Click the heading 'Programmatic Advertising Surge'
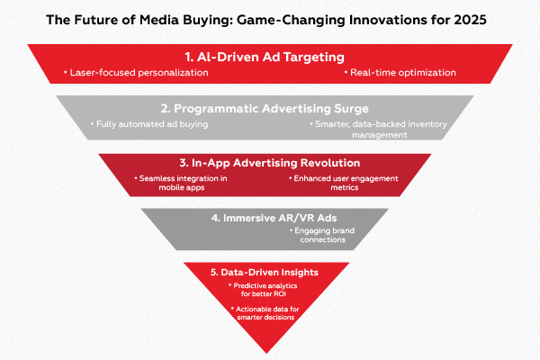(270, 107)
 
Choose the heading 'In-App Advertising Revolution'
(270, 164)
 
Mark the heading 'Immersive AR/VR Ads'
(270, 217)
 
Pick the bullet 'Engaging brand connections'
(323, 236)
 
